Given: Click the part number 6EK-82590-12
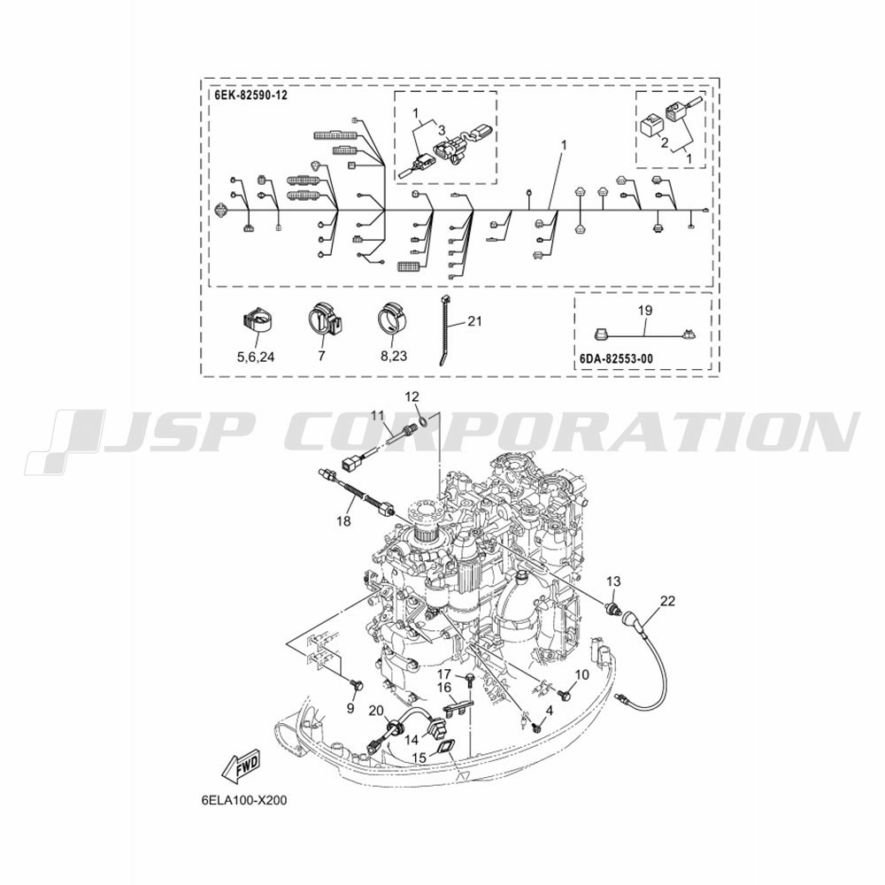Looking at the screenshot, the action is click(x=250, y=95).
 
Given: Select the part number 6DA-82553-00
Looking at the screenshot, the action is click(x=616, y=358).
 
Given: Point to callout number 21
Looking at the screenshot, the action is click(x=475, y=321).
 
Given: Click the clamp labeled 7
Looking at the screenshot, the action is click(x=323, y=319).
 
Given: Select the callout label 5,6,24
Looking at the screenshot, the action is click(x=256, y=357).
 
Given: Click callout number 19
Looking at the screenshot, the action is click(x=645, y=310).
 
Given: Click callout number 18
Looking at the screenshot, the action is click(x=343, y=521).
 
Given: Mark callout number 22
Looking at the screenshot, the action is click(x=667, y=601).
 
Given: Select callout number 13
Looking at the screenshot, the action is click(x=613, y=581).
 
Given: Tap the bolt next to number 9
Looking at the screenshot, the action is click(x=356, y=686).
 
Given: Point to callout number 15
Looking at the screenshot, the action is click(x=419, y=757).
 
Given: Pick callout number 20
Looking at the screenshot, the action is click(x=376, y=712).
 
